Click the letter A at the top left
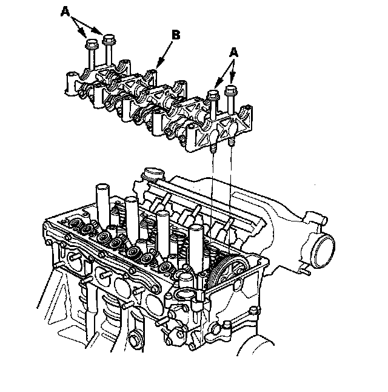[x=65, y=12]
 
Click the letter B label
[x=176, y=35]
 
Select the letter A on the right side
[x=233, y=53]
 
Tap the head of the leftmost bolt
[x=92, y=44]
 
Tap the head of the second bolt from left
[x=109, y=39]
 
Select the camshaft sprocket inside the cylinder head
[x=228, y=271]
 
